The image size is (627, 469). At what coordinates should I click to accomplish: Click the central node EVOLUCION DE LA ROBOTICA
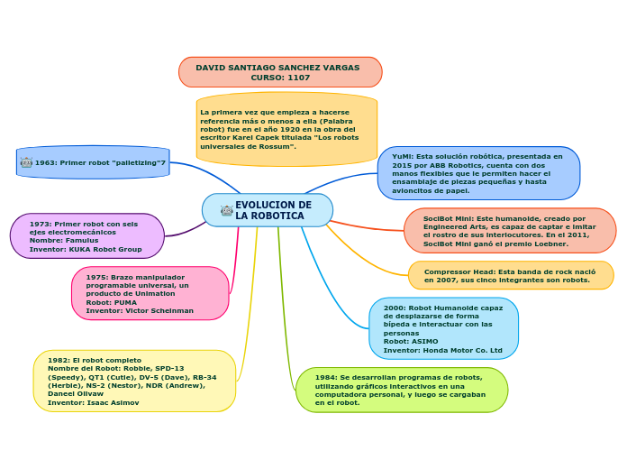click(272, 210)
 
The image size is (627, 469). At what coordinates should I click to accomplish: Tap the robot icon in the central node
click(226, 210)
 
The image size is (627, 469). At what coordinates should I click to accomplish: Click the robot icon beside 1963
click(26, 162)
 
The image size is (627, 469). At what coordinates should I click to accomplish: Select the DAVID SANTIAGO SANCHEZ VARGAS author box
click(279, 68)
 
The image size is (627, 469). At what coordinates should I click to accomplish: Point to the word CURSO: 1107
click(279, 78)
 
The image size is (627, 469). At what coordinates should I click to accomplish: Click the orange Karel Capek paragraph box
click(286, 129)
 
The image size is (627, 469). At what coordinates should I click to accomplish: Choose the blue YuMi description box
click(478, 173)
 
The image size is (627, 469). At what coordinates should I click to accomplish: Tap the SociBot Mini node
click(509, 231)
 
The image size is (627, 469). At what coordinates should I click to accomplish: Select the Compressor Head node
click(510, 275)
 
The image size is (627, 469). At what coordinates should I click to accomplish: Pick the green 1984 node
click(401, 390)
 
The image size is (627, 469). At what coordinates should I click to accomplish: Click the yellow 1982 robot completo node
click(134, 381)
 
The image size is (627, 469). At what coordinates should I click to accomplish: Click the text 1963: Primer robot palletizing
click(100, 162)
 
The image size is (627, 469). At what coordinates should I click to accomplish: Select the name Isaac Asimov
click(112, 402)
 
